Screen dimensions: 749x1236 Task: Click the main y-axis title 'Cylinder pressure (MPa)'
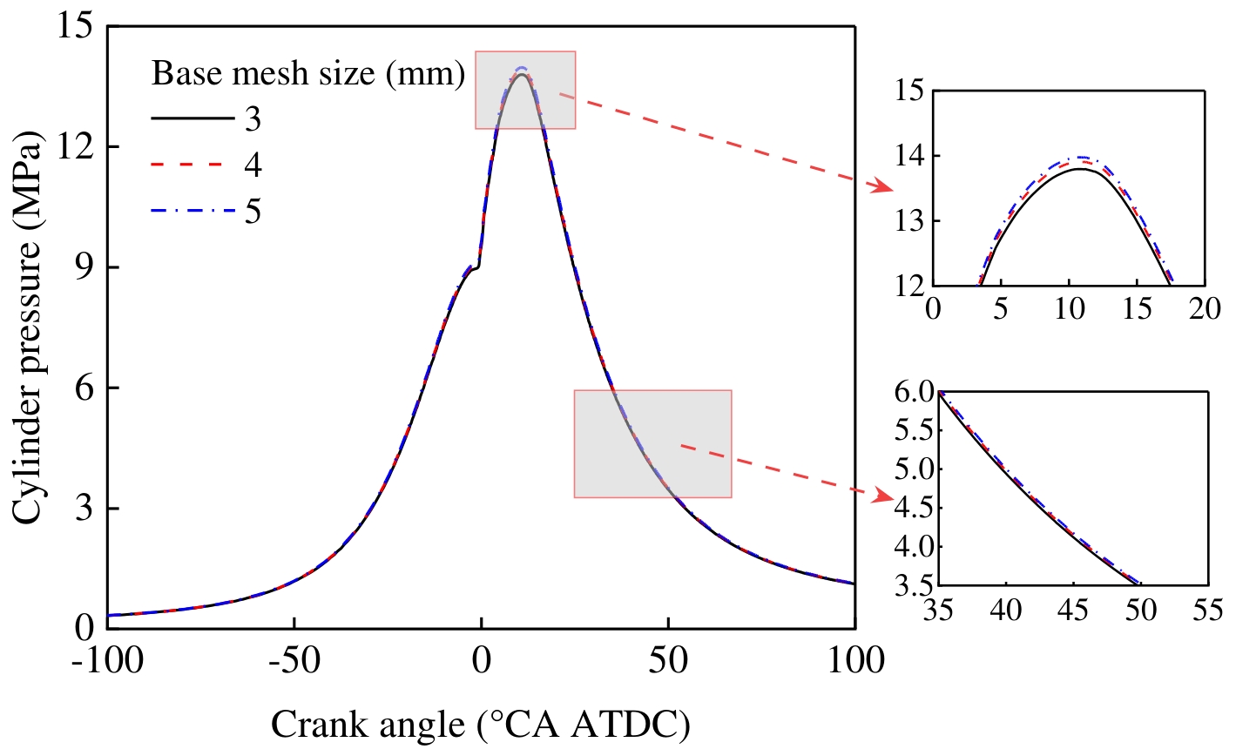28,327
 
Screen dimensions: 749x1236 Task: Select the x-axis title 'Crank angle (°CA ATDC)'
481,724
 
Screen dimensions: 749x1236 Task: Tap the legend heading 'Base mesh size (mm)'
307,74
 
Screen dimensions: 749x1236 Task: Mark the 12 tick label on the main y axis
74,147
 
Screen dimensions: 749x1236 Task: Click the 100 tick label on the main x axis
854,659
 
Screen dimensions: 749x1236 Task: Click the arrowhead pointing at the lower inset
885,495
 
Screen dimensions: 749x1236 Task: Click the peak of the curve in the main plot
521,73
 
